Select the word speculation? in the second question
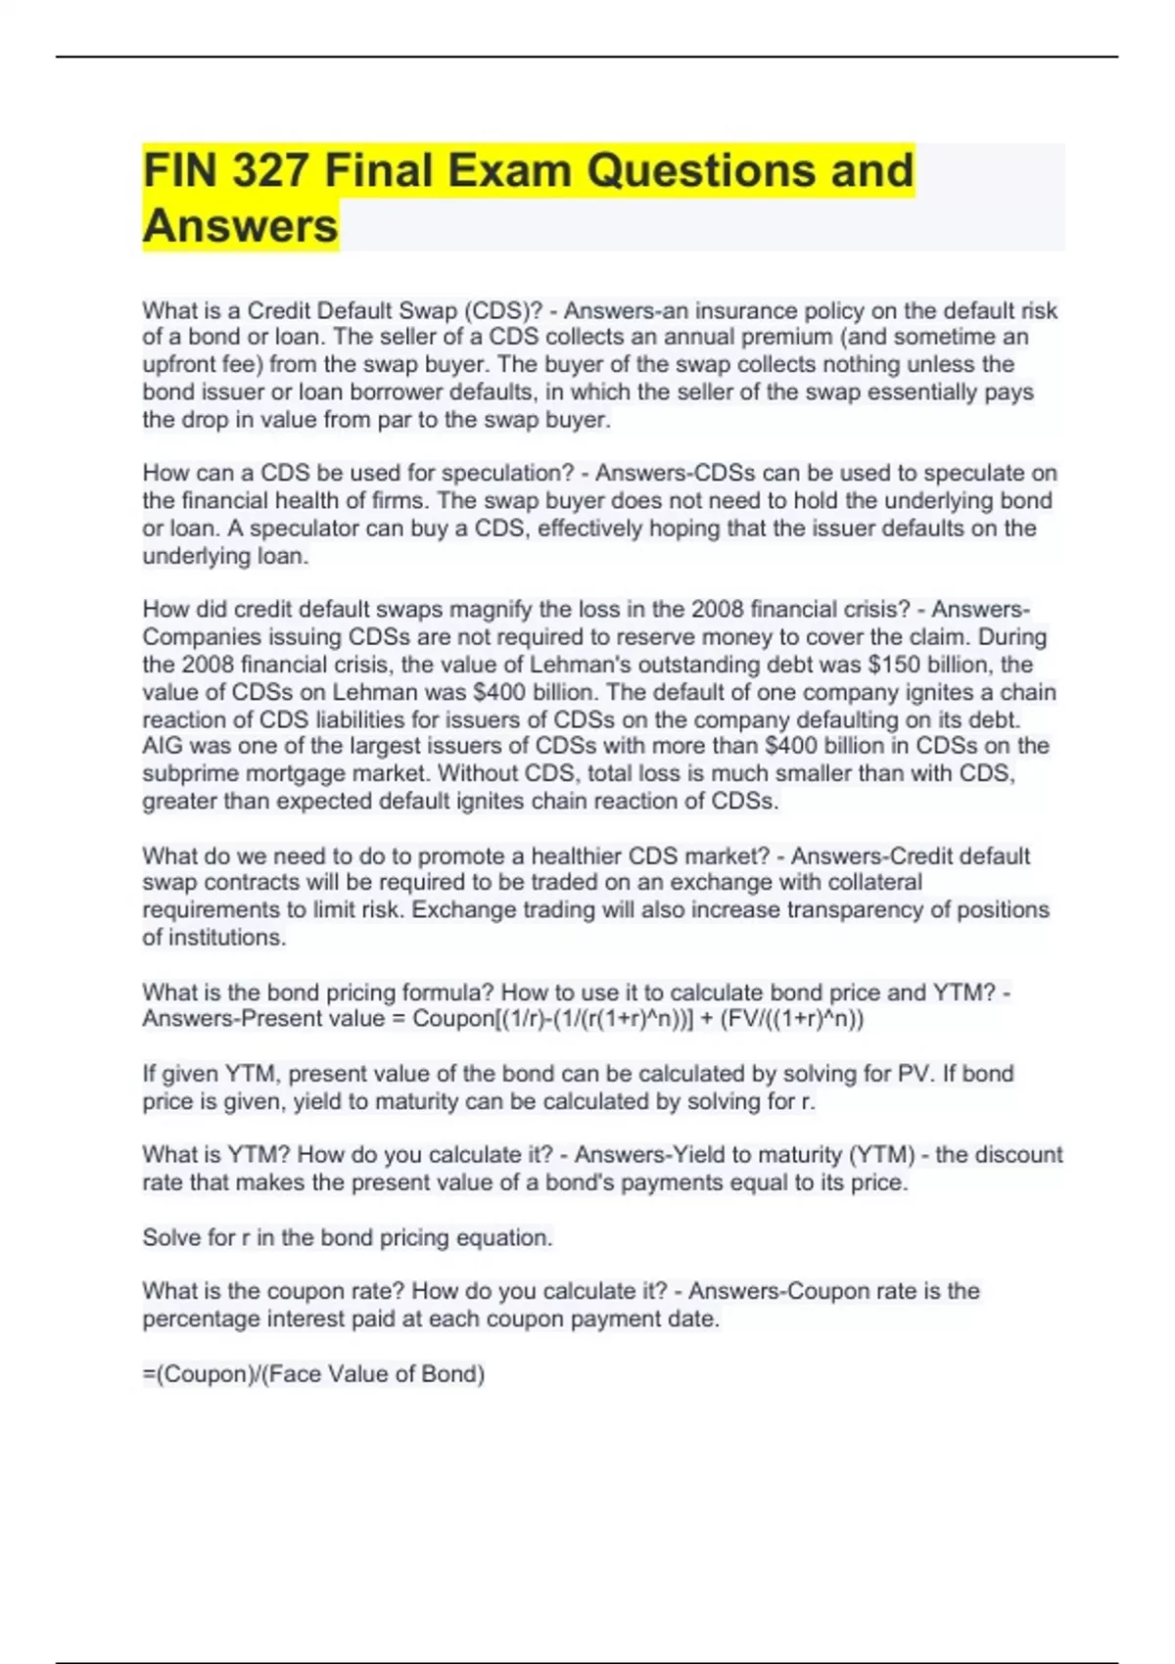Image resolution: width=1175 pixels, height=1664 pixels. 507,474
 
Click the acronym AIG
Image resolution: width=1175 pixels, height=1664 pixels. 163,747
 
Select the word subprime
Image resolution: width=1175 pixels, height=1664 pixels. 187,774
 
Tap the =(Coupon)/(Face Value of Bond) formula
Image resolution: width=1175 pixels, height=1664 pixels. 313,1374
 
